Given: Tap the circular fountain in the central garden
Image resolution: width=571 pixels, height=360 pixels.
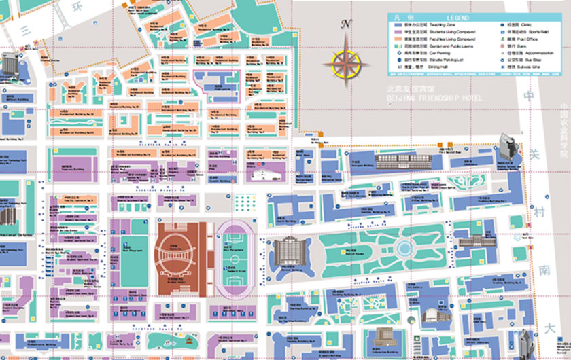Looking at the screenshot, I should (406, 245).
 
